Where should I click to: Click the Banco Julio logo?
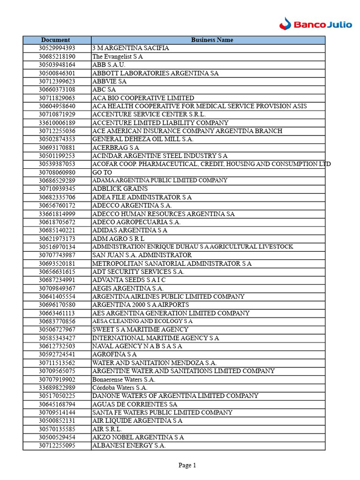[315, 23]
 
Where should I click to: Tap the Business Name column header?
[212, 40]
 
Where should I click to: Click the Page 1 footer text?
[187, 465]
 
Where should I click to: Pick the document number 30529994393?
[57, 48]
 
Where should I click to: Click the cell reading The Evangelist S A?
[118, 57]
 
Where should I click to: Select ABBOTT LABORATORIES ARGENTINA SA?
[155, 73]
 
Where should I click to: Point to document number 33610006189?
[57, 123]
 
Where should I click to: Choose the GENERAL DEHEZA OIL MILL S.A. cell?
[143, 139]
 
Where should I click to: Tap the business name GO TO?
[102, 172]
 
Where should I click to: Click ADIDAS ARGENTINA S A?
[130, 230]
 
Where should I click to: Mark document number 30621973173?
[57, 239]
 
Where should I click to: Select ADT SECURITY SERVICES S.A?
[138, 272]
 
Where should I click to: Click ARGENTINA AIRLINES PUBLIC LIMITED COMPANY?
[168, 297]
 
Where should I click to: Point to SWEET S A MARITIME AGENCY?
[140, 330]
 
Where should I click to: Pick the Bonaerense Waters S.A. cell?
[124, 379]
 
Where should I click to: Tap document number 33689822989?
[57, 388]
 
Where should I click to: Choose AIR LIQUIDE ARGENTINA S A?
[137, 420]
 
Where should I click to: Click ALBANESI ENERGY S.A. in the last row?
[129, 446]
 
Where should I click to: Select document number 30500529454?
[57, 437]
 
